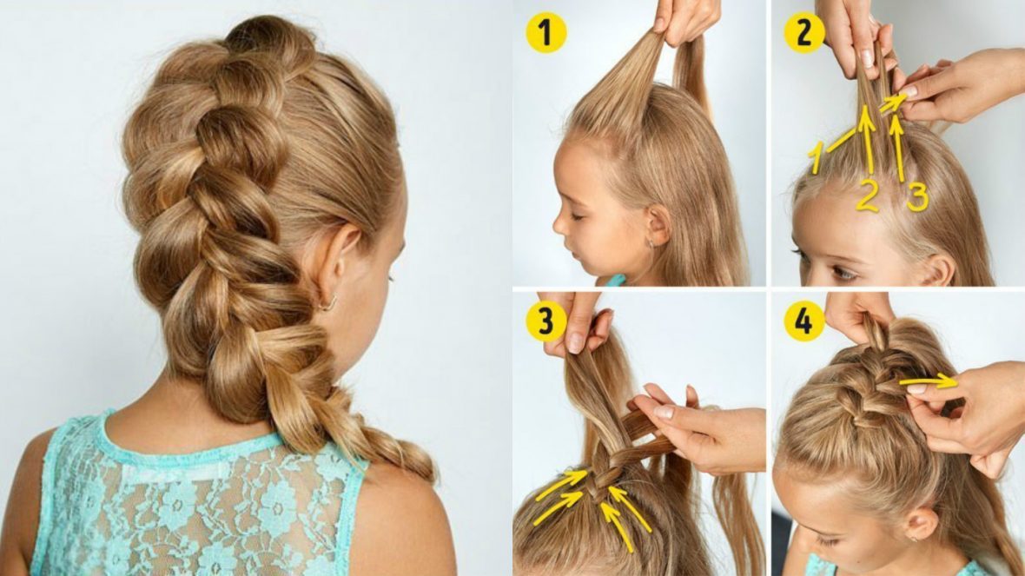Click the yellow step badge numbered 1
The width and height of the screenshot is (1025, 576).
point(546,33)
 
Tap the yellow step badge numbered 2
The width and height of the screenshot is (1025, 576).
point(803,33)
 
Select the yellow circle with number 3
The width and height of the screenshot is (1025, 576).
point(546,321)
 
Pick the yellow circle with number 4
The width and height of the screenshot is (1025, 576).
point(803,321)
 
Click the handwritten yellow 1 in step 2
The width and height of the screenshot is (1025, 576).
point(815,157)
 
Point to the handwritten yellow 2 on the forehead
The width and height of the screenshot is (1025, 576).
point(867,195)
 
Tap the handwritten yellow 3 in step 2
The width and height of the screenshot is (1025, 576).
point(917,197)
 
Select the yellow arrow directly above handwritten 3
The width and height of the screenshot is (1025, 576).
point(898,149)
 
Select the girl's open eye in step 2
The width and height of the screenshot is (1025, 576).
point(842,273)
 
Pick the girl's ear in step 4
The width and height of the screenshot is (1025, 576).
point(922,523)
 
